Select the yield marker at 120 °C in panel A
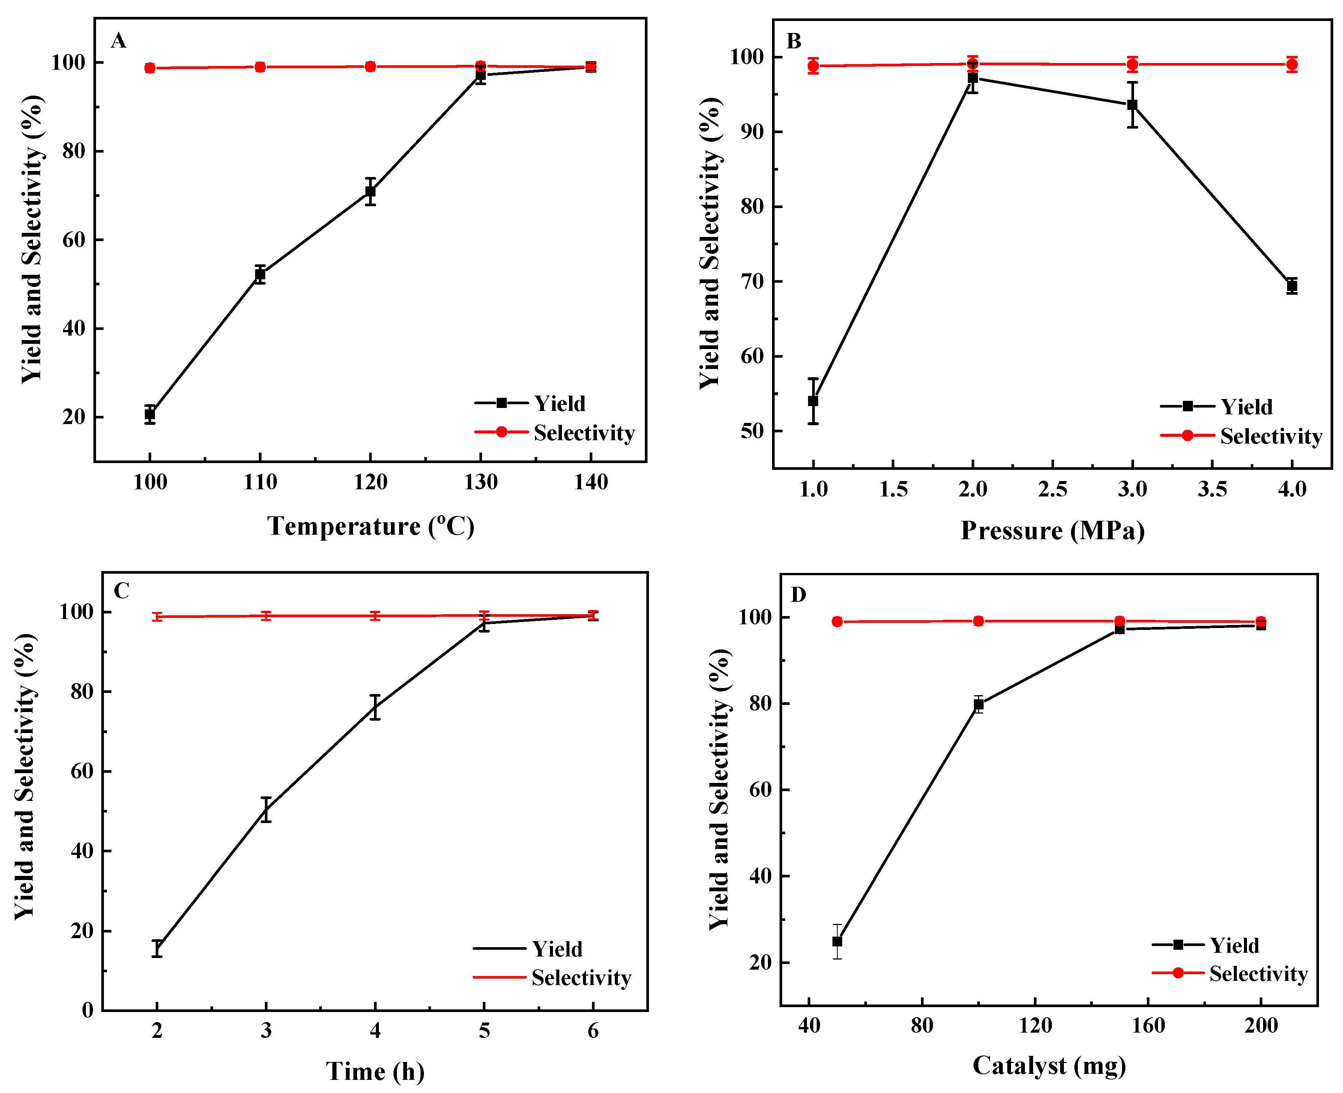(370, 191)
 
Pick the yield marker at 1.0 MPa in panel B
(813, 401)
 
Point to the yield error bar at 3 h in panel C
(266, 810)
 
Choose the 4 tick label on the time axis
(376, 1031)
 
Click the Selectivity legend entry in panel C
(580, 978)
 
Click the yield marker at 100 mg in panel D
(978, 705)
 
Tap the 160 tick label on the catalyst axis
(1148, 1026)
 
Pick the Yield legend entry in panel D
(1233, 945)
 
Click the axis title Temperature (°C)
(370, 526)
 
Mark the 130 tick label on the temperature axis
(481, 482)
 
